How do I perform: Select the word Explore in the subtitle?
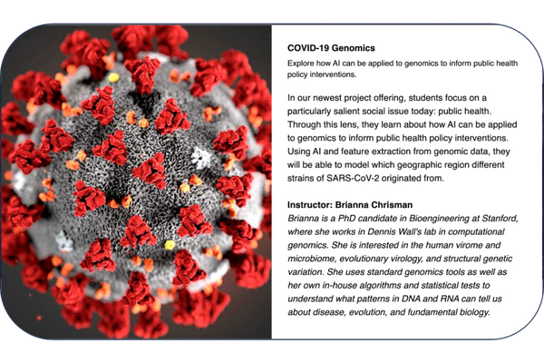(299, 64)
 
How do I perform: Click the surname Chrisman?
(392, 205)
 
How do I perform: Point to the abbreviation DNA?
(411, 299)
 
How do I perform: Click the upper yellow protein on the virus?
(113, 77)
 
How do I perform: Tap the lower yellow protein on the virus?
(170, 245)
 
